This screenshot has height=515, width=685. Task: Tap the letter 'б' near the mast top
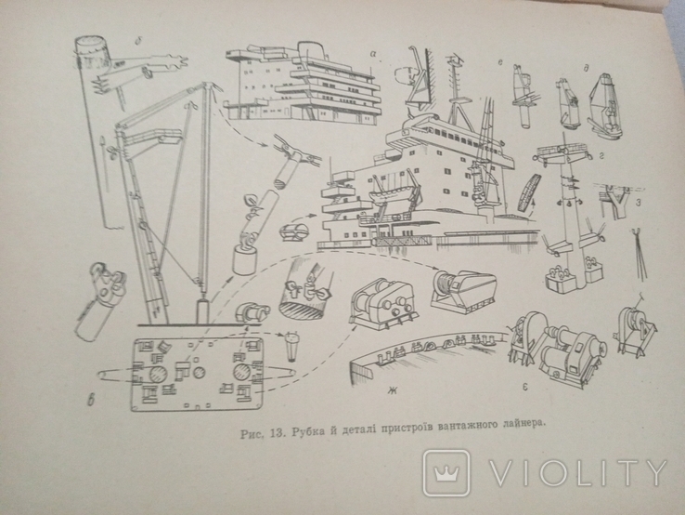tap(138, 41)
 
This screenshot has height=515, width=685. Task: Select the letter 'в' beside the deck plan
tap(91, 400)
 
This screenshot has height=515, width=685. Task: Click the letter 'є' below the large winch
tap(525, 387)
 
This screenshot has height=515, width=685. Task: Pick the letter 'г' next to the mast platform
tap(601, 156)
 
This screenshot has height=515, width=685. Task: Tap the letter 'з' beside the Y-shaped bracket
tap(639, 204)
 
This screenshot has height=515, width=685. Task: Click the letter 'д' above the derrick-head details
tap(586, 68)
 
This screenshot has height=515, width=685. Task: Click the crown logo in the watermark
tap(446, 472)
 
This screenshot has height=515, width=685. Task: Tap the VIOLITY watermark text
tap(577, 473)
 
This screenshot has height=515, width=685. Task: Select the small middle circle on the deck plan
tap(200, 373)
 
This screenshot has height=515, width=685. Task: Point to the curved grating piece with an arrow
tap(529, 192)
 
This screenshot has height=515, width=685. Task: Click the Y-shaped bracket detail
tap(618, 201)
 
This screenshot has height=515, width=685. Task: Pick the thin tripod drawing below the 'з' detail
tap(640, 254)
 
